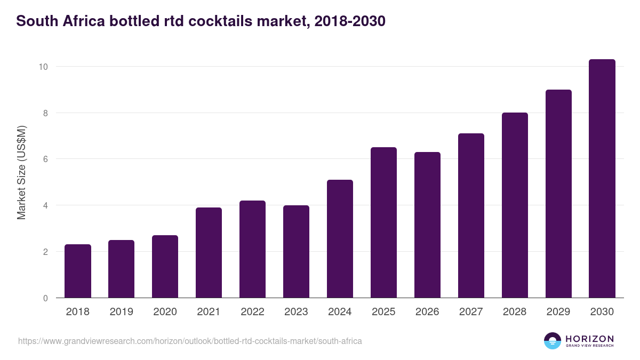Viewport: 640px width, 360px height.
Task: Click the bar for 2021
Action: (209, 253)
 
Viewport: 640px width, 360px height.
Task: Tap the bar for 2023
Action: (296, 252)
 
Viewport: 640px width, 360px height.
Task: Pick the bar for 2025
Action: (383, 222)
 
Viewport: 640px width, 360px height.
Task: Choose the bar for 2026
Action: (427, 225)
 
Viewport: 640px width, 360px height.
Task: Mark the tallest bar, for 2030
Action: (602, 179)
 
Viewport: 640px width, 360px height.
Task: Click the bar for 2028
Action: (515, 205)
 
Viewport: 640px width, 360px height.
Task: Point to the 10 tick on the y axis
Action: (43, 67)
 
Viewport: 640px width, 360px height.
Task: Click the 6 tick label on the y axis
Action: (45, 159)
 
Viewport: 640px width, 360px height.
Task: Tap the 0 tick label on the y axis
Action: (45, 298)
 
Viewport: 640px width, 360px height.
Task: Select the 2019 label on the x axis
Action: (122, 312)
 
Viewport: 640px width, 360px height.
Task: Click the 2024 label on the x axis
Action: (340, 312)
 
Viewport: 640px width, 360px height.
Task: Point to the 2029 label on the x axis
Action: (558, 312)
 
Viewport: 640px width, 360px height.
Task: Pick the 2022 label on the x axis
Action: (252, 312)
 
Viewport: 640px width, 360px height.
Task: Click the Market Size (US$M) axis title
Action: (21, 172)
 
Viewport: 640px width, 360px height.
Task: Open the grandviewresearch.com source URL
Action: (190, 341)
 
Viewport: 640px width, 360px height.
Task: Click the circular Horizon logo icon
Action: (553, 341)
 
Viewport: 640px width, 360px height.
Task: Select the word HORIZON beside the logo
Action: (589, 338)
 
